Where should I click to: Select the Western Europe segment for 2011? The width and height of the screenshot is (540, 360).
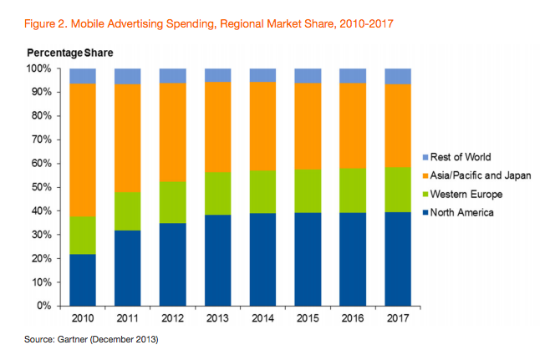[x=127, y=210]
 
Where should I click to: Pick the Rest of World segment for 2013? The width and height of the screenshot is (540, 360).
[x=217, y=75]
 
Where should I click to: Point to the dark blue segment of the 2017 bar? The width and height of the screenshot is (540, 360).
[x=398, y=259]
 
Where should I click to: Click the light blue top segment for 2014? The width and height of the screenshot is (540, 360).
[x=262, y=75]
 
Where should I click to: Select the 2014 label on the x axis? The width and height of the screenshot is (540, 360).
[x=262, y=318]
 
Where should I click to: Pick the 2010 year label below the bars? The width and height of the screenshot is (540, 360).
[x=82, y=318]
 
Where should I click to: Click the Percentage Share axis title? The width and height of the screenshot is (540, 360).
[x=69, y=53]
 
